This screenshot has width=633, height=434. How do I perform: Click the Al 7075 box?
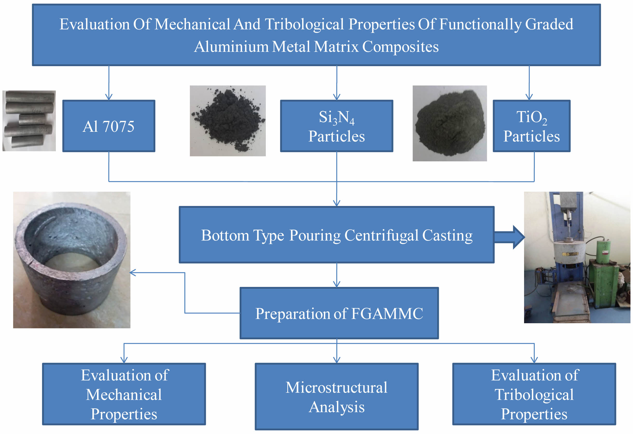pos(109,126)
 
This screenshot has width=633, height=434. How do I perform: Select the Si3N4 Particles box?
pos(337,126)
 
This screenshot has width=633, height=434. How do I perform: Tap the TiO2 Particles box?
pos(531,126)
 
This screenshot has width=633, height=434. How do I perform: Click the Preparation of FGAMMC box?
pos(339,313)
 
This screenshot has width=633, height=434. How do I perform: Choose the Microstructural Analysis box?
pos(337,396)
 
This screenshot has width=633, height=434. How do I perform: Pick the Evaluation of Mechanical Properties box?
pos(124,394)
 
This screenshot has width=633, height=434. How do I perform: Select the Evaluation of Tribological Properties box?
pos(534,394)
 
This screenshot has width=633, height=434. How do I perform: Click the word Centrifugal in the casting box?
pos(381,235)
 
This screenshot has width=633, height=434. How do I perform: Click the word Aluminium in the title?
pos(231,47)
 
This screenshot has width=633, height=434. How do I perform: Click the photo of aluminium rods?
pos(29,121)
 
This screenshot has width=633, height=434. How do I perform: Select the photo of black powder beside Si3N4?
pos(228,121)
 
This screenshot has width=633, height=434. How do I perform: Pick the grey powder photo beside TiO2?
pos(450,123)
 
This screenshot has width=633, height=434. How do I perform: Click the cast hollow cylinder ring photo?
pos(72,260)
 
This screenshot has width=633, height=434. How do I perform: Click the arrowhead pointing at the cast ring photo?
pos(133,272)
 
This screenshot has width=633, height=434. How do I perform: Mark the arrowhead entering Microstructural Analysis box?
pos(337,360)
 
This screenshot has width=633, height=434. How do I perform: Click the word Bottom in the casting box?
pos(225,235)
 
